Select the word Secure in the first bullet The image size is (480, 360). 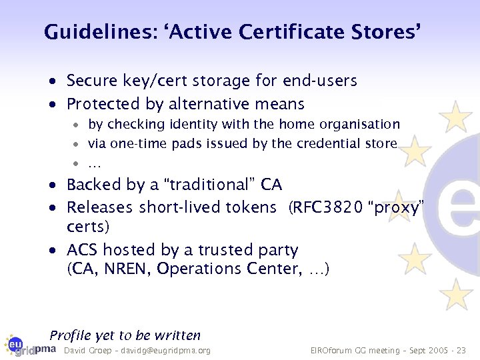[92, 81]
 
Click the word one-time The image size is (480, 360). [139, 144]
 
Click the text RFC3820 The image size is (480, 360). [317, 208]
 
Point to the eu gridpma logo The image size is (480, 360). [31, 347]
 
